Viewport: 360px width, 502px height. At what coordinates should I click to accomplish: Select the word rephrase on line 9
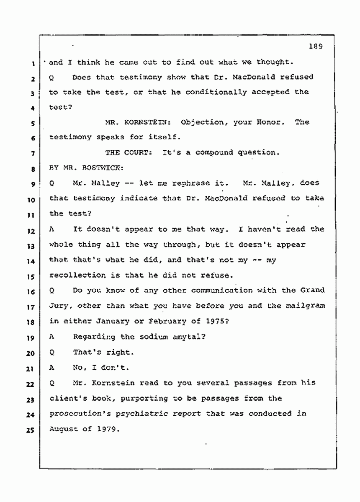coord(176,183)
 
